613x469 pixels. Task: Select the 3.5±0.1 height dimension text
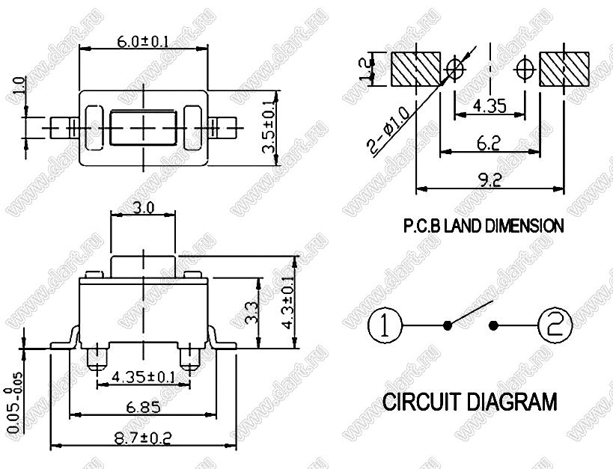269,128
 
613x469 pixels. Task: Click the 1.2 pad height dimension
366,69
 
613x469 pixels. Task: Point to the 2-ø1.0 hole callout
390,129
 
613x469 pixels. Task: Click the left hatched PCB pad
415,69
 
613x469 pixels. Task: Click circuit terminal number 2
555,325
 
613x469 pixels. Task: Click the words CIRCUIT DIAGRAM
470,402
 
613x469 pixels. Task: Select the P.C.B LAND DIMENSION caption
484,225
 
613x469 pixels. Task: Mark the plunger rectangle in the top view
142,127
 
